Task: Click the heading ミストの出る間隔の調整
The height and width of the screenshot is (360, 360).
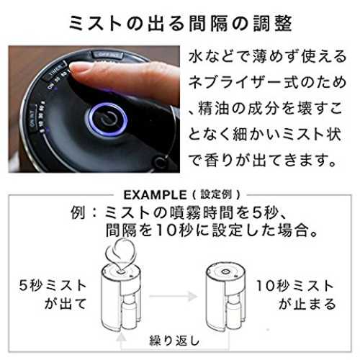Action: click(x=181, y=24)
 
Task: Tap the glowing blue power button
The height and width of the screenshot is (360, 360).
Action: click(x=107, y=119)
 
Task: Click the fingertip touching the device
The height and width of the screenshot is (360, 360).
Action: click(x=79, y=70)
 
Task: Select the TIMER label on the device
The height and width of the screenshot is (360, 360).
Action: click(x=55, y=72)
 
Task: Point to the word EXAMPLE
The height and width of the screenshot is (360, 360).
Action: click(x=155, y=195)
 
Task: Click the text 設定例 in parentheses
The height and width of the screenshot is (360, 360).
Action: click(x=216, y=194)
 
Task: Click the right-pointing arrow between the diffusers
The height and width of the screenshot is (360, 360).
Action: click(x=174, y=296)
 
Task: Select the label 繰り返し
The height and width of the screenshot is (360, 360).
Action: click(x=174, y=341)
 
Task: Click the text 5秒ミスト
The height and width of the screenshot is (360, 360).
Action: click(x=53, y=286)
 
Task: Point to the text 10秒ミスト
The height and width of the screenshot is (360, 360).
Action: click(x=295, y=286)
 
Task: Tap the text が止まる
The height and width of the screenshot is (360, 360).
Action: click(x=307, y=304)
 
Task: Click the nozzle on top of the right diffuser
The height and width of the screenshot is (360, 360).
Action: click(x=226, y=271)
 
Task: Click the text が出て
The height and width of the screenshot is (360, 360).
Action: click(x=66, y=304)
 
